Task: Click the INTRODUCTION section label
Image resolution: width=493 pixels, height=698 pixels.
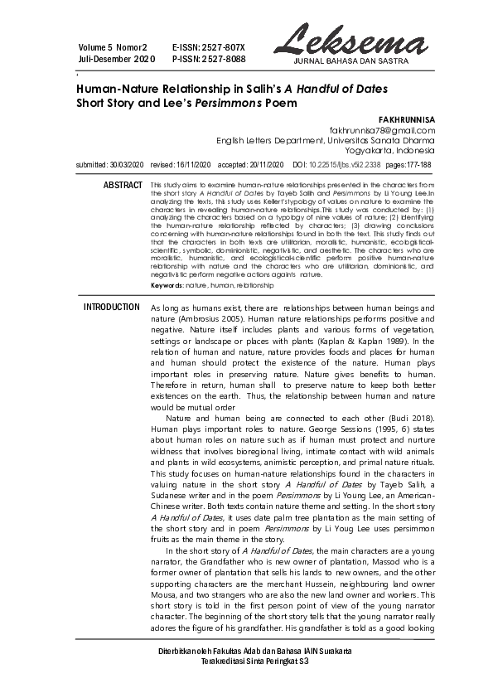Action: click(x=112, y=308)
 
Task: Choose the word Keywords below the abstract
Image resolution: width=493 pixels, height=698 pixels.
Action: click(x=167, y=284)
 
